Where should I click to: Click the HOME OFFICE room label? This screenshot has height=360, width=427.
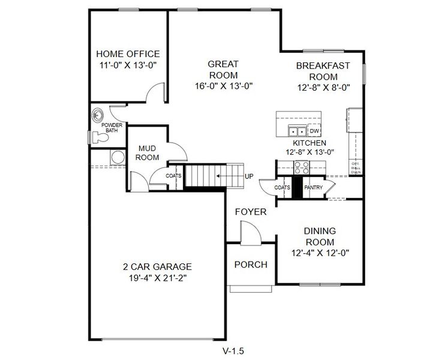pos(128,54)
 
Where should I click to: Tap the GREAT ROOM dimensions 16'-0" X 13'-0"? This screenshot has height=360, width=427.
pos(223,85)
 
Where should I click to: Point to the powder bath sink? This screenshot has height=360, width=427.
pos(98,114)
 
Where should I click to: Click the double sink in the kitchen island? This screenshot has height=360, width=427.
pos(297,131)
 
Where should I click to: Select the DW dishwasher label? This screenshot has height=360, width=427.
pos(314,131)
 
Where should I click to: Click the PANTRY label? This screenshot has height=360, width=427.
pos(313,188)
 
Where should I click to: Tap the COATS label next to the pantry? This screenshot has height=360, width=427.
pos(282,188)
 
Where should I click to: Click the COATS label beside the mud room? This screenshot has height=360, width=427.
pos(174,176)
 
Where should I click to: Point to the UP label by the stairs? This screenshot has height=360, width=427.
pos(248,176)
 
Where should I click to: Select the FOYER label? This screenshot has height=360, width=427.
pos(250,212)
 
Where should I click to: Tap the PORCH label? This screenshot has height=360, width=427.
pos(251,265)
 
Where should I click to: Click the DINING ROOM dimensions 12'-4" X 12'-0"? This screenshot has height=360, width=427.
pos(320,253)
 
